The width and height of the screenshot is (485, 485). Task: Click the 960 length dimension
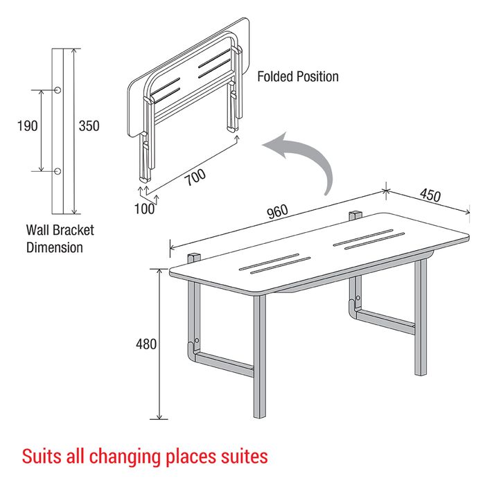pos(277,212)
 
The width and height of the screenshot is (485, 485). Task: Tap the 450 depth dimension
pos(430,195)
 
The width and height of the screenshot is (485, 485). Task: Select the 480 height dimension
pos(146,344)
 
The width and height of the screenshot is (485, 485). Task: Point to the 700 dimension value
pos(195,177)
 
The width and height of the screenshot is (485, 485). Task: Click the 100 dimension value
pos(144,209)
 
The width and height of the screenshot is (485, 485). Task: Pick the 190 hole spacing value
pos(27,126)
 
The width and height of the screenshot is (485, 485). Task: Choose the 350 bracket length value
pos(89,126)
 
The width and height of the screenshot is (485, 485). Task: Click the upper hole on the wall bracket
pos(58,90)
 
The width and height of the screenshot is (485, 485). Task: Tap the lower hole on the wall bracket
pos(58,171)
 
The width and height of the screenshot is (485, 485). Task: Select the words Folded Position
pos(298,76)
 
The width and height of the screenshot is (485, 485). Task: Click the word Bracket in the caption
pos(73,230)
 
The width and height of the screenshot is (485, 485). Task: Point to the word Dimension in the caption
pos(55,247)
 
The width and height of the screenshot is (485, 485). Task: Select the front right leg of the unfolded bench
pos(421,317)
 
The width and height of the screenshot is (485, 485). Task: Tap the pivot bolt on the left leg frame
pos(197,341)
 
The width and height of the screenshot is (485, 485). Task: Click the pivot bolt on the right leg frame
pos(358,298)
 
